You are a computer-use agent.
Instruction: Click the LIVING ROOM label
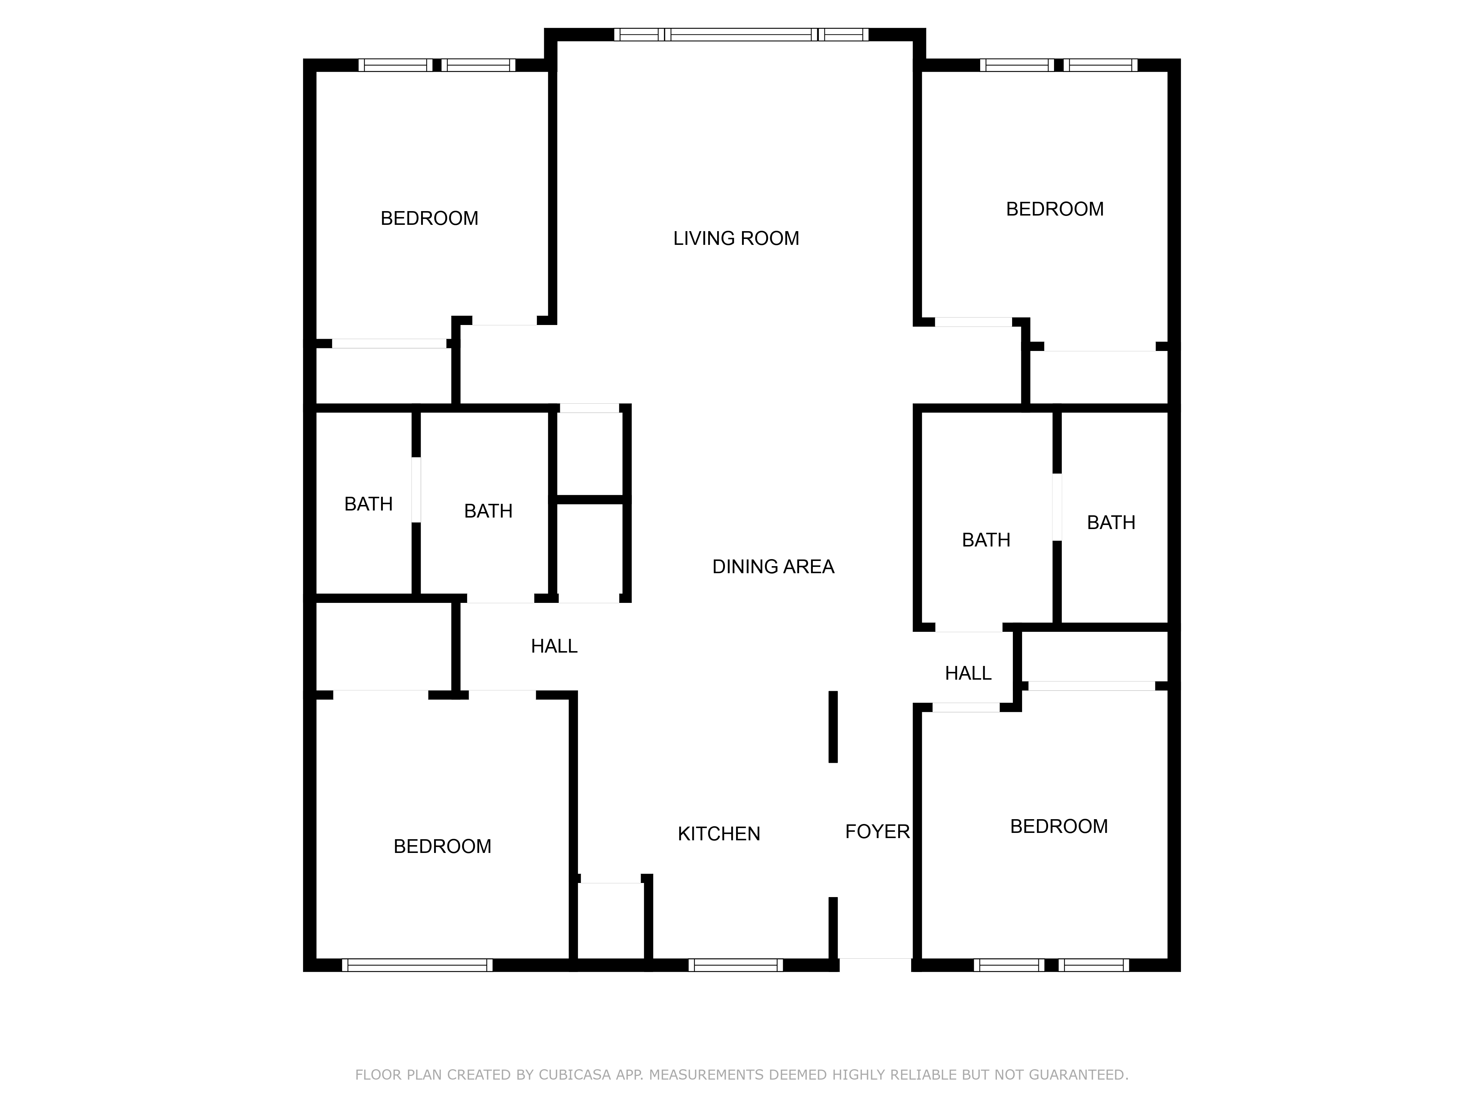[x=736, y=238]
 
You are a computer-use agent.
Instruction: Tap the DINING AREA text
[x=773, y=567]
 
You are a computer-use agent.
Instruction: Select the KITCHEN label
[x=719, y=834]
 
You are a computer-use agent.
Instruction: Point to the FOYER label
[x=877, y=832]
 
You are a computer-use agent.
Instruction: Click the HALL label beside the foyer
[x=968, y=674]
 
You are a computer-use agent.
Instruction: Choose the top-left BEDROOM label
[x=429, y=219]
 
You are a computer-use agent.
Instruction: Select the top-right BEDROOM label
[x=1055, y=209]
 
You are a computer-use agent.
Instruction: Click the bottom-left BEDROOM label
[x=442, y=847]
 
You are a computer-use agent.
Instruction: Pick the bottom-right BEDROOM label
[x=1059, y=827]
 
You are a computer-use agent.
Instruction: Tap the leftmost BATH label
[x=368, y=505]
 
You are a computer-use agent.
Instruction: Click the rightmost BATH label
[x=1111, y=523]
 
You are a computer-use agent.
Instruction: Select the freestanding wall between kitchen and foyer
[x=833, y=727]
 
